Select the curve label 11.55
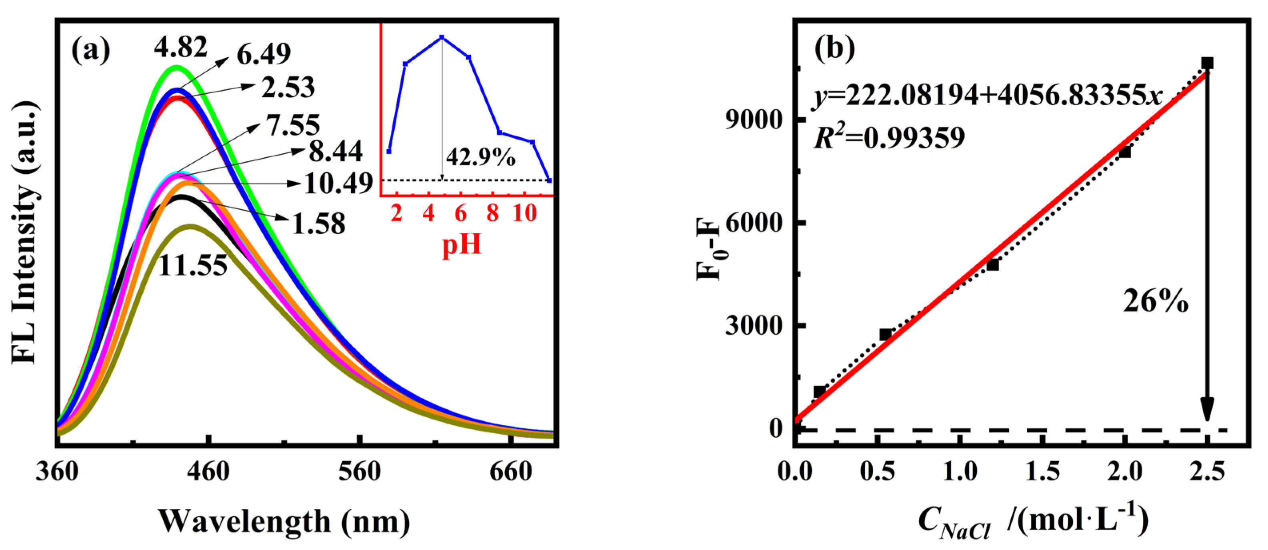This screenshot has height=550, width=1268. coord(193,266)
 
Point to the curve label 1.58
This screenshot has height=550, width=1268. coord(319,224)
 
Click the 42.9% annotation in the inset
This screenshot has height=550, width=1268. coord(480,158)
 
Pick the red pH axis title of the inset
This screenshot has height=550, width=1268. coord(461,244)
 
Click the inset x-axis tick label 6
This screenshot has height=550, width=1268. coord(460,214)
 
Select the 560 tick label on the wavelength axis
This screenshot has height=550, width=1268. coord(359,471)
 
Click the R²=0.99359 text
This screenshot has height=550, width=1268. coord(889,138)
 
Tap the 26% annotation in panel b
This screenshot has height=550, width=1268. coord(1155,301)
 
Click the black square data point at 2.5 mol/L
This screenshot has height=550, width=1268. coord(1207,63)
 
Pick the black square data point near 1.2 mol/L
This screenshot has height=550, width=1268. coord(993,265)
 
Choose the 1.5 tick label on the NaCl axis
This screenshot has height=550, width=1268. coord(1042,471)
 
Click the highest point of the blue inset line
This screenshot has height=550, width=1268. coord(442,37)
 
